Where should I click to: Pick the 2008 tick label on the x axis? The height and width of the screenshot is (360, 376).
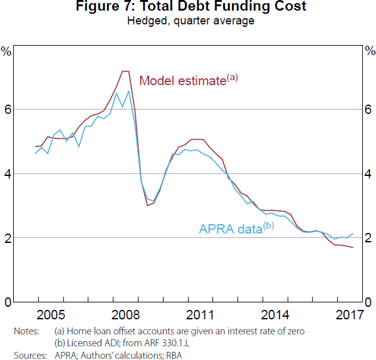(x=126, y=314)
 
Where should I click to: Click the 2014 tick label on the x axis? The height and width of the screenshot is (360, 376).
(x=276, y=314)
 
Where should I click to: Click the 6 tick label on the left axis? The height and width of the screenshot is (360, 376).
(x=8, y=110)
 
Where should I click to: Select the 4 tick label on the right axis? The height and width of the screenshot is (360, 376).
(x=368, y=174)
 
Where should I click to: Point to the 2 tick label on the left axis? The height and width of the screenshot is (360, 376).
(x=8, y=238)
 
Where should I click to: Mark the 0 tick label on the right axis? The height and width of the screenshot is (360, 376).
(x=368, y=302)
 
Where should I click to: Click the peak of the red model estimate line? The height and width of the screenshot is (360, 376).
(x=123, y=71)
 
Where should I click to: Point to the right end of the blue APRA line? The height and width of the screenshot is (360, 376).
(x=353, y=234)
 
